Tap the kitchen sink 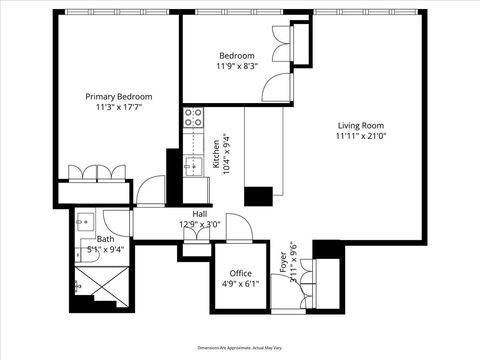coord(192,165)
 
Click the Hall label coord(200,214)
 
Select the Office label coord(240,273)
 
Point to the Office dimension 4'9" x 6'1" coord(240,284)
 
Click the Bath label coord(105,239)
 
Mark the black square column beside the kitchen coord(259,196)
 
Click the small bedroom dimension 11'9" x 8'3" coord(236,67)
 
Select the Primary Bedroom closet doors coord(96,171)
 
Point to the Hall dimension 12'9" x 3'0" coord(200,225)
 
